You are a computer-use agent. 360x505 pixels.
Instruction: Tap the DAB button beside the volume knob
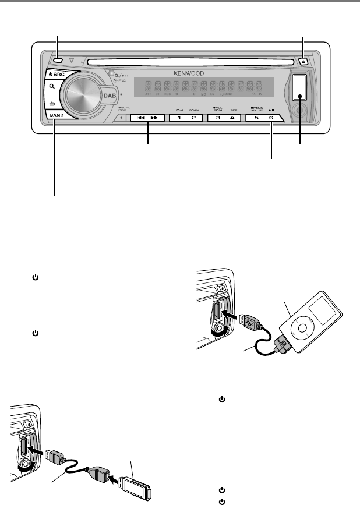[x=108, y=96]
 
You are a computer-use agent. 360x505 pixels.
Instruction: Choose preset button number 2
[x=195, y=118]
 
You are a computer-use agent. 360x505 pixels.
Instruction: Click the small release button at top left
[x=58, y=61]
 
